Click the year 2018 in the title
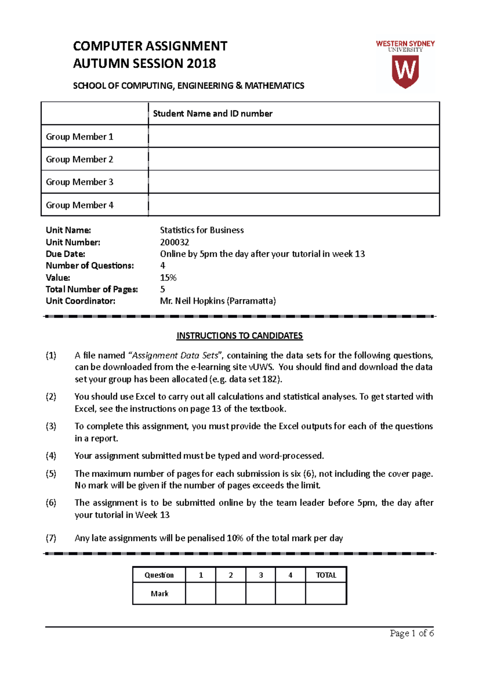[x=201, y=63]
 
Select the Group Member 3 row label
[x=79, y=182]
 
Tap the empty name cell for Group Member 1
[x=293, y=137]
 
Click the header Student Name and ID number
[x=212, y=114]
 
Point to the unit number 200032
[x=174, y=242]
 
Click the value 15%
[x=168, y=278]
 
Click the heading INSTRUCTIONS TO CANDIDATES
[x=239, y=336]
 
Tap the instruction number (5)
[x=51, y=474]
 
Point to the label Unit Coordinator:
[x=80, y=301]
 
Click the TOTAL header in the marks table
[x=326, y=575]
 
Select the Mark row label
[x=159, y=594]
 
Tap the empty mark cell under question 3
[x=260, y=594]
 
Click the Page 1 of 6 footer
[x=412, y=633]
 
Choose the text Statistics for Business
[x=202, y=230]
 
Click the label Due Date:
[x=65, y=254]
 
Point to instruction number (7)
[x=51, y=538]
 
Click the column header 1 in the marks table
[x=201, y=575]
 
